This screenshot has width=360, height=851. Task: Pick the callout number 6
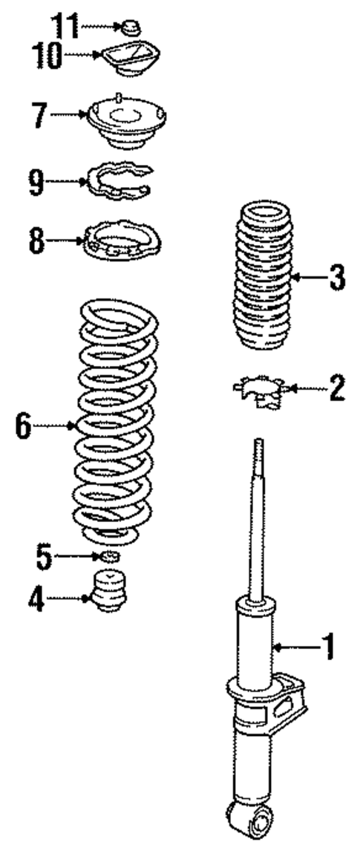click(x=24, y=425)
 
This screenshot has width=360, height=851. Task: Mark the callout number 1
click(x=325, y=648)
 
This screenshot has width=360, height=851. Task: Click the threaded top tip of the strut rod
click(x=259, y=446)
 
